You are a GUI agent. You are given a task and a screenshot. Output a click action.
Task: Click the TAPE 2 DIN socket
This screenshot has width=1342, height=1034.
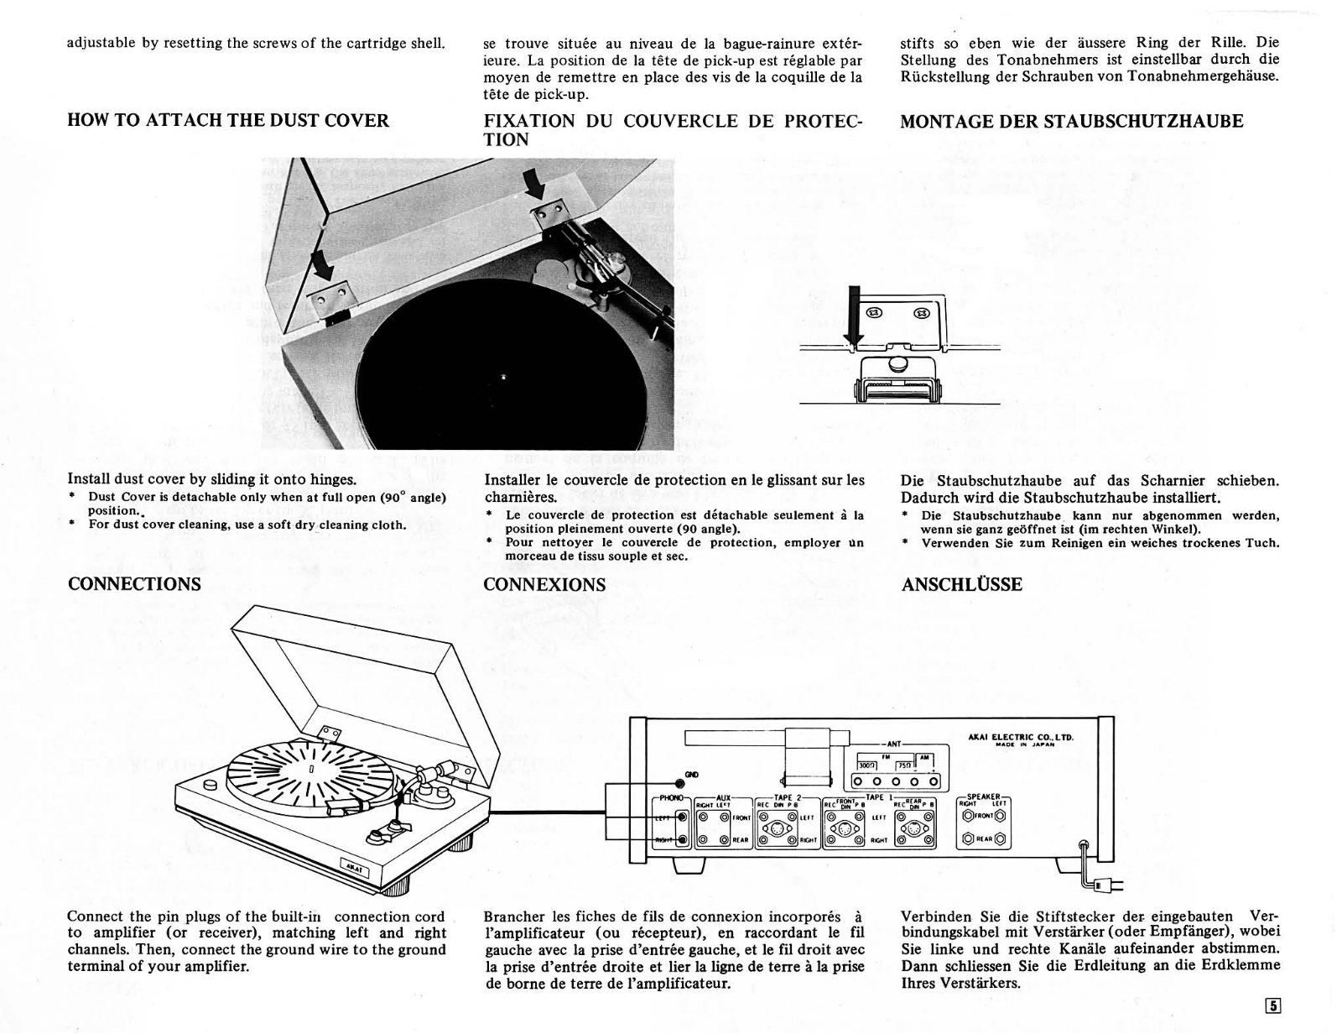(773, 828)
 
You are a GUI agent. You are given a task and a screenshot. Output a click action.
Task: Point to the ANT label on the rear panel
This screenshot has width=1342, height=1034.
(894, 744)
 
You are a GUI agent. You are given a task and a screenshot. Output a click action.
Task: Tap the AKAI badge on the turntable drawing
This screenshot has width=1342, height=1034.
(356, 868)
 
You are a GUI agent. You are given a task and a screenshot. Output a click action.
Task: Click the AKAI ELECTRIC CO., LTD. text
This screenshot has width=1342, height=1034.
(1021, 738)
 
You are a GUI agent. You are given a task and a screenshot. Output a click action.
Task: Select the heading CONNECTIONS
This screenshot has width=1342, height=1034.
(134, 584)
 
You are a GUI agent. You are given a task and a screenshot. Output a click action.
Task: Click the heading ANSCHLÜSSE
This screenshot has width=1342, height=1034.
(961, 585)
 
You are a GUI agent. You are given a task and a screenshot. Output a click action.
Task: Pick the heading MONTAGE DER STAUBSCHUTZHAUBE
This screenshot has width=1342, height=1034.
(1071, 122)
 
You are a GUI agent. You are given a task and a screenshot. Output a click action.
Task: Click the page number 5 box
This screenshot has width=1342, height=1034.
(1273, 1006)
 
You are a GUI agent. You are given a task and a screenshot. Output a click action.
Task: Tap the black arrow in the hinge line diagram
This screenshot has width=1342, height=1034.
(854, 316)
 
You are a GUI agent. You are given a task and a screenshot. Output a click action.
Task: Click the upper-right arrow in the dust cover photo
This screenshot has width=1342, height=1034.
(533, 180)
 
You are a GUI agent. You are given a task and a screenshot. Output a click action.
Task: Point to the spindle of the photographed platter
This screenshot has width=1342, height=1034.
(502, 375)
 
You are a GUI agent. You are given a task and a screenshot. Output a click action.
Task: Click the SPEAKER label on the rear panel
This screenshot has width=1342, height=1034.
(984, 798)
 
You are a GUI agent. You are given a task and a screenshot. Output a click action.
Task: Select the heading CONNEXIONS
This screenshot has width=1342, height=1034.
(544, 585)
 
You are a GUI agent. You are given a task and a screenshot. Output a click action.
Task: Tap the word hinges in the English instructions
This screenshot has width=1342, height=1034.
(333, 479)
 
